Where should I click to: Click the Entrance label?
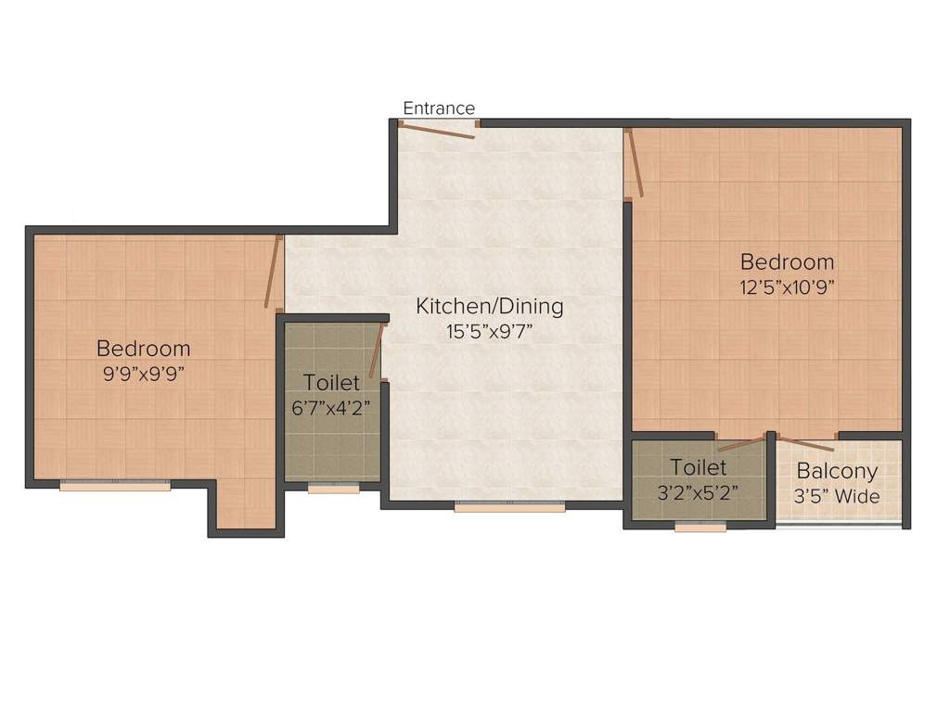(x=438, y=108)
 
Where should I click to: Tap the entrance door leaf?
(x=438, y=131)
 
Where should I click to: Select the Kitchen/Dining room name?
(x=489, y=306)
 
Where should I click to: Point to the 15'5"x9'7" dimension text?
(x=489, y=331)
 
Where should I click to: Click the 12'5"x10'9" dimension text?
(x=787, y=286)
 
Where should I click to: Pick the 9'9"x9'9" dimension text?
(x=144, y=374)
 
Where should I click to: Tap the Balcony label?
(x=837, y=471)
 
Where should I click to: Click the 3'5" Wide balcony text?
(x=837, y=496)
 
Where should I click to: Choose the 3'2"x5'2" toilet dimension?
(x=698, y=492)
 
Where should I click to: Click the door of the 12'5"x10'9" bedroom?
(x=634, y=163)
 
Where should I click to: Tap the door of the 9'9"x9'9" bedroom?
(x=272, y=272)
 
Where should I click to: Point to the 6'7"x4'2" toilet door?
(x=376, y=350)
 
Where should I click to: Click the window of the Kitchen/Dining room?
(x=509, y=507)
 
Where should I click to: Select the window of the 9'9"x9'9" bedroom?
(x=115, y=485)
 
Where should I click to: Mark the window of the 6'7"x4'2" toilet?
(x=333, y=489)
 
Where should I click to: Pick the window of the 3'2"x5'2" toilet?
(x=700, y=528)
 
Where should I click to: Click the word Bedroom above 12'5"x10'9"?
(x=787, y=261)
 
